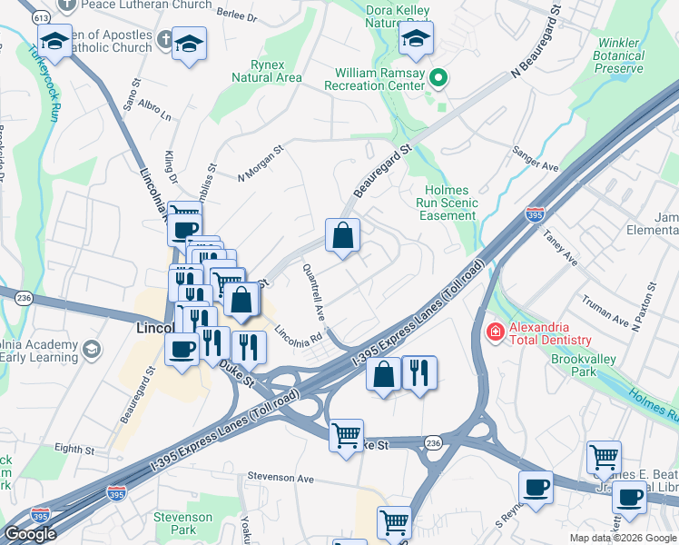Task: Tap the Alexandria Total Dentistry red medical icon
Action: tap(495, 332)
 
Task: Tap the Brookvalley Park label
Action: tap(586, 366)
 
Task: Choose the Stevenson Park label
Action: tap(182, 523)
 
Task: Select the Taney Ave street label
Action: tap(560, 246)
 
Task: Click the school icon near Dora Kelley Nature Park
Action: tap(417, 39)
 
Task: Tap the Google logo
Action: tap(30, 534)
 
